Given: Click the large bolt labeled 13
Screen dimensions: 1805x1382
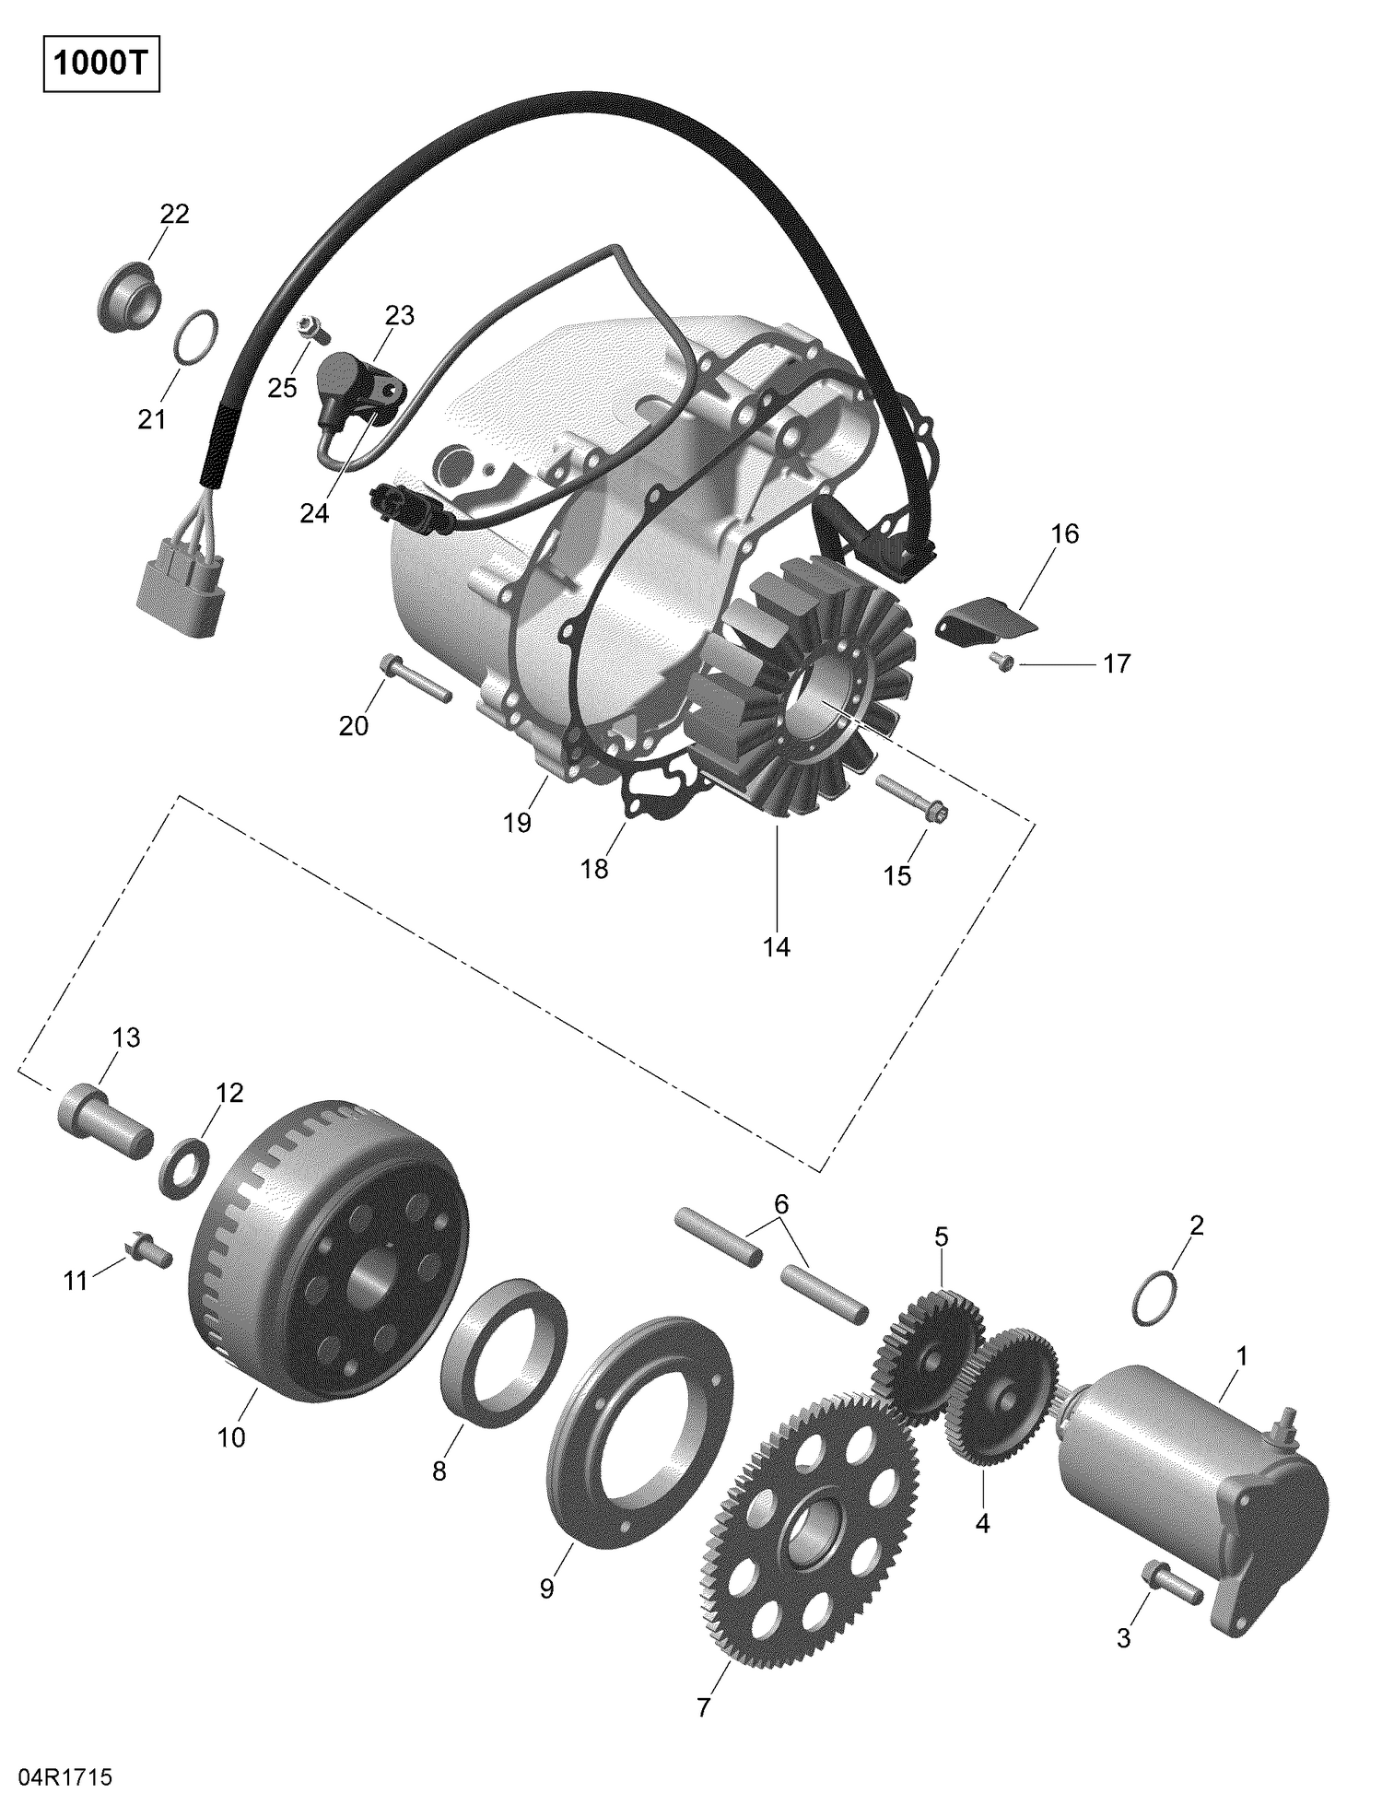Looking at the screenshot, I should pos(104,1119).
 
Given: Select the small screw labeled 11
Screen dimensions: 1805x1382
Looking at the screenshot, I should pos(148,1250).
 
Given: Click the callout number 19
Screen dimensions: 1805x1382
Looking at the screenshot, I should pos(518,823).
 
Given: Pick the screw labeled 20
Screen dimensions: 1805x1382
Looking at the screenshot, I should pos(414,678).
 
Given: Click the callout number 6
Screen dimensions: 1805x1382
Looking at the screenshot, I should pos(781,1203).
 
